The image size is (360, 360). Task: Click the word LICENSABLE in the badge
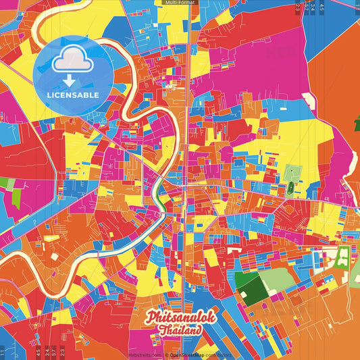tap(72, 94)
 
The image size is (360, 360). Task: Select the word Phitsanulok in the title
tap(181, 316)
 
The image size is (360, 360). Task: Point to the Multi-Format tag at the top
tap(180, 3)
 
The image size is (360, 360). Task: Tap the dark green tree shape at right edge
tap(357, 125)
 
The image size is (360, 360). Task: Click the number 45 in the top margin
tap(322, 7)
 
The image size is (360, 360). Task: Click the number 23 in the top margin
tap(298, 7)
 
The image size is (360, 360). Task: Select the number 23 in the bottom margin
tap(62, 351)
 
